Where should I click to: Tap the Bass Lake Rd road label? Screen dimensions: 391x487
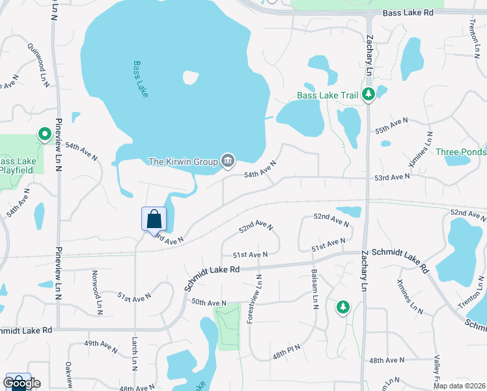pyautogui.click(x=408, y=12)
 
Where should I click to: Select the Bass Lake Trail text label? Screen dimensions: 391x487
pyautogui.click(x=327, y=95)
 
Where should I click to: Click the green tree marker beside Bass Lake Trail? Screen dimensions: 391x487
pyautogui.click(x=369, y=94)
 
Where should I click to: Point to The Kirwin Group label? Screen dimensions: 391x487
pyautogui.click(x=184, y=161)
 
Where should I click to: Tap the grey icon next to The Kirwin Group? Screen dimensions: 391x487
pyautogui.click(x=228, y=160)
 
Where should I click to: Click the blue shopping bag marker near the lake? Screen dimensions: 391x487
pyautogui.click(x=154, y=219)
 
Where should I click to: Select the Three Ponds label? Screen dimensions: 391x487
pyautogui.click(x=461, y=152)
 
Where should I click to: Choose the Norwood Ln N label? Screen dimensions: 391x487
pyautogui.click(x=97, y=289)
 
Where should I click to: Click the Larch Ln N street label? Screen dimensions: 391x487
pyautogui.click(x=135, y=355)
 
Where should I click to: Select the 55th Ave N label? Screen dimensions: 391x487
pyautogui.click(x=391, y=125)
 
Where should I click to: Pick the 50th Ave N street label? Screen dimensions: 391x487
pyautogui.click(x=208, y=302)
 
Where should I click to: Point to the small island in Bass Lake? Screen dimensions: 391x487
pyautogui.click(x=190, y=78)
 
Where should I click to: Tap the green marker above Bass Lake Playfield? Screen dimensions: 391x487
pyautogui.click(x=44, y=134)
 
